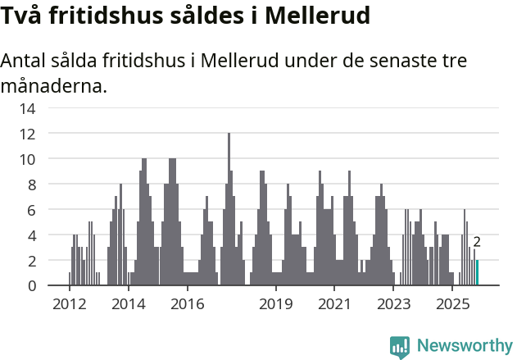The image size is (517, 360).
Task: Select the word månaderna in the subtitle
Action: (51, 85)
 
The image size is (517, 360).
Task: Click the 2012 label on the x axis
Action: (69, 304)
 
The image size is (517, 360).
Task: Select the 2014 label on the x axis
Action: (128, 304)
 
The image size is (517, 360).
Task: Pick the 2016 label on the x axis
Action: (187, 304)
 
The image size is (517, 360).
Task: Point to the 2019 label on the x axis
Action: (276, 304)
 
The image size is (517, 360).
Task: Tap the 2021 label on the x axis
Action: (335, 304)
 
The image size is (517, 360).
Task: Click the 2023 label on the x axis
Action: (394, 304)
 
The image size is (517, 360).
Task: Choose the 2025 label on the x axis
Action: (453, 304)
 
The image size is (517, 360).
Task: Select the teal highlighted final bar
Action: (478, 273)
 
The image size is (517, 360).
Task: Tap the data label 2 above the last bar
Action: (477, 242)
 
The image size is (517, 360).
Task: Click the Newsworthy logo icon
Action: (400, 346)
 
